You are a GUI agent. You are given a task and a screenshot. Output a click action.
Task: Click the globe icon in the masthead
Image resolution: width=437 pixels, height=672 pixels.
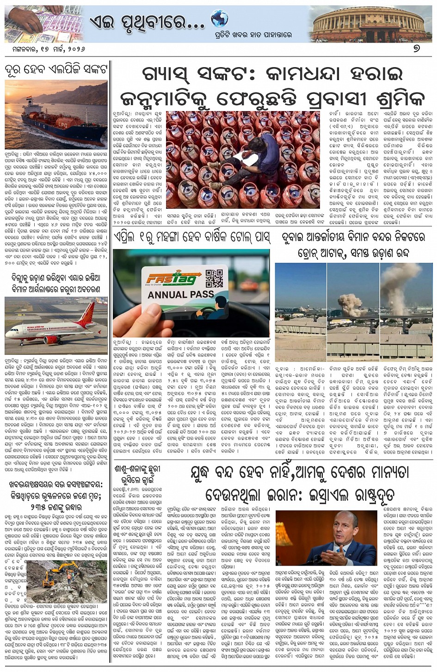pyautogui.click(x=219, y=19)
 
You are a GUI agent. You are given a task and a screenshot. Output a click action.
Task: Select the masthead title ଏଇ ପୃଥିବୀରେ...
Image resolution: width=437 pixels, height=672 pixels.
pyautogui.click(x=146, y=21)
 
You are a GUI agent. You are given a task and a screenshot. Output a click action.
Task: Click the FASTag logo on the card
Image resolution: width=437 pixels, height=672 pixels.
pyautogui.click(x=173, y=279)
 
